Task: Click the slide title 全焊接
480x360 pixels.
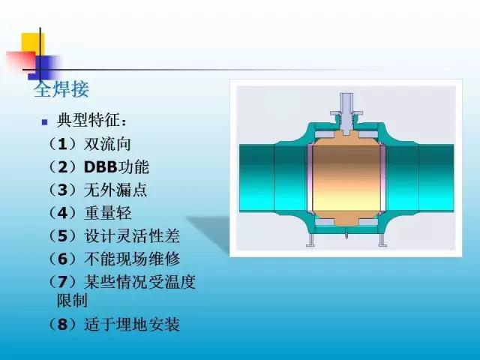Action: pyautogui.click(x=61, y=89)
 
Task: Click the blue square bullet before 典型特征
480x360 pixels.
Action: pyautogui.click(x=45, y=122)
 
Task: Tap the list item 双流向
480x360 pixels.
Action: pyautogui.click(x=107, y=144)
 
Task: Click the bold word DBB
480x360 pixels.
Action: pyautogui.click(x=100, y=167)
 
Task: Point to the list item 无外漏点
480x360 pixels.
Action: pyautogui.click(x=115, y=190)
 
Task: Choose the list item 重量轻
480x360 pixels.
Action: pyautogui.click(x=107, y=213)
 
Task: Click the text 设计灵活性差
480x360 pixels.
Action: pyautogui.click(x=132, y=236)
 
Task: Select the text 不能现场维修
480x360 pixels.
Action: pyautogui.click(x=132, y=259)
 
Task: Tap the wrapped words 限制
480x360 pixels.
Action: pyautogui.click(x=72, y=300)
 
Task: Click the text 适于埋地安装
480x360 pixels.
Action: pyautogui.click(x=132, y=325)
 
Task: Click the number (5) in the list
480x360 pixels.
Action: pyautogui.click(x=62, y=236)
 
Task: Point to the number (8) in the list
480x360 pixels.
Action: pyautogui.click(x=62, y=325)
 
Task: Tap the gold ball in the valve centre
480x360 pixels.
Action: pyautogui.click(x=346, y=178)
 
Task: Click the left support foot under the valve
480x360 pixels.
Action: pyautogui.click(x=311, y=240)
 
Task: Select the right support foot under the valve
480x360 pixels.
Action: pyautogui.click(x=382, y=240)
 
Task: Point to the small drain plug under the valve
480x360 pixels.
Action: pyautogui.click(x=346, y=235)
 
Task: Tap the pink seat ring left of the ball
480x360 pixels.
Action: pyautogui.click(x=310, y=178)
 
